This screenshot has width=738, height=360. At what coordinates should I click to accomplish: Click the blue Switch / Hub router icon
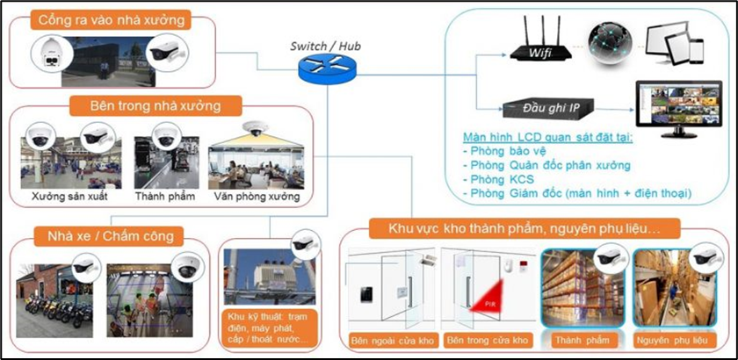pos(322,68)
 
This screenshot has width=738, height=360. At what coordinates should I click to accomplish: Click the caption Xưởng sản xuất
pos(69,196)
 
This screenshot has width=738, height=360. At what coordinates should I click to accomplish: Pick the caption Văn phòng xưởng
pos(257,196)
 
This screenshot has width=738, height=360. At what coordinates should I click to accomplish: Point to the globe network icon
pos(607,46)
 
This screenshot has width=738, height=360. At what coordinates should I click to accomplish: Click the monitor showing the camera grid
pos(676,106)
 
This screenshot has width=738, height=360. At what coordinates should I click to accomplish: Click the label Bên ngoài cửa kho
pos(390,340)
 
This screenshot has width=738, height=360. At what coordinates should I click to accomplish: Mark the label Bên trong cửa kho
pos(487,340)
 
